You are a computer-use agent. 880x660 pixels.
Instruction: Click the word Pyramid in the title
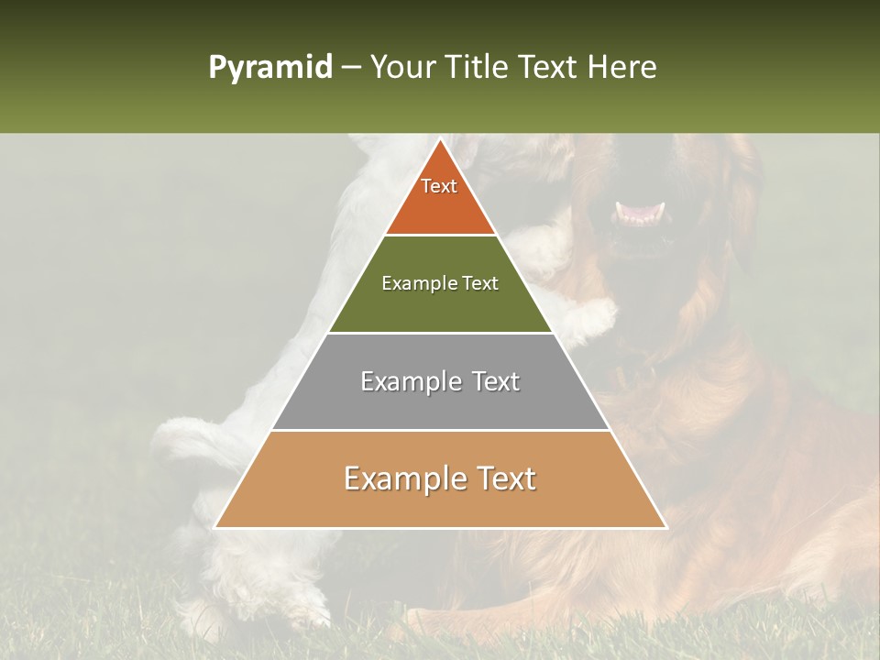pyautogui.click(x=269, y=68)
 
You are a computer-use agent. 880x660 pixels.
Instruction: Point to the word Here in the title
pyautogui.click(x=622, y=68)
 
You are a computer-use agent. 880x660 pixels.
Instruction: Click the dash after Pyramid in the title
pyautogui.click(x=351, y=68)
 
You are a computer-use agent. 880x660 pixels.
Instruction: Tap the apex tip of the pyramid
pyautogui.click(x=440, y=139)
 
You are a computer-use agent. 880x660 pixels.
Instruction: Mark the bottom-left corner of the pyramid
pyautogui.click(x=216, y=527)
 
